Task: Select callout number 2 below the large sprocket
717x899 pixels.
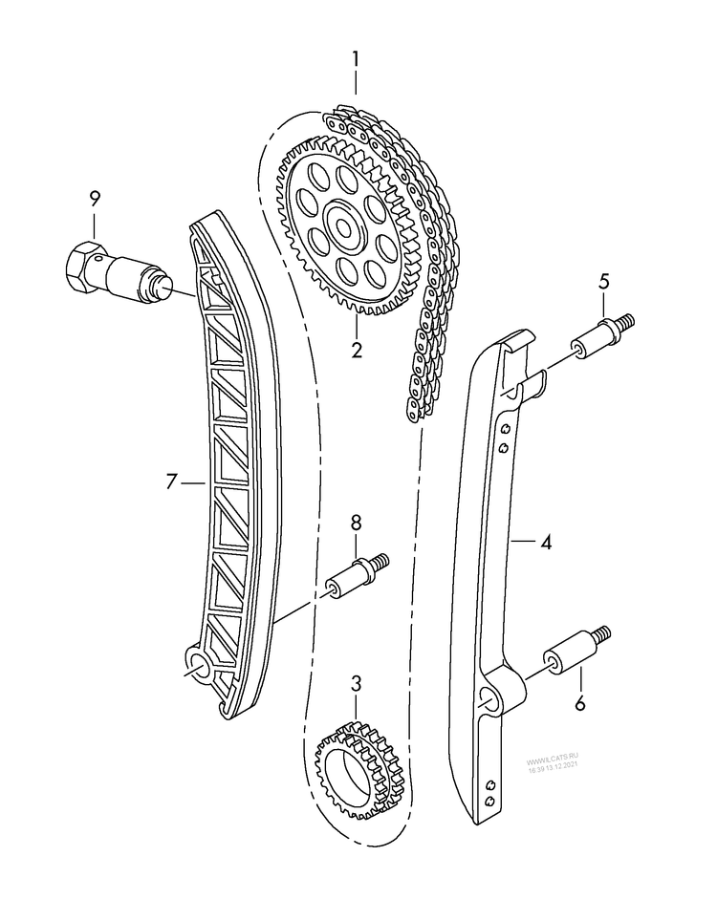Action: click(x=356, y=350)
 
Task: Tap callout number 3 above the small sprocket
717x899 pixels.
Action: click(x=356, y=683)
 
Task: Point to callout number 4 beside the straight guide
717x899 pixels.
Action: click(x=546, y=543)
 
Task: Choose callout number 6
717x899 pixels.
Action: click(x=579, y=705)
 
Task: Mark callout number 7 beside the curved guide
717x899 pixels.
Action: click(x=171, y=482)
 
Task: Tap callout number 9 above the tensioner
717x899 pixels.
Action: click(x=95, y=199)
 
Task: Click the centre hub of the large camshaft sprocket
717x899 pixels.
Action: click(x=340, y=225)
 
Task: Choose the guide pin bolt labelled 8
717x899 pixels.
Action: click(x=354, y=576)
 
